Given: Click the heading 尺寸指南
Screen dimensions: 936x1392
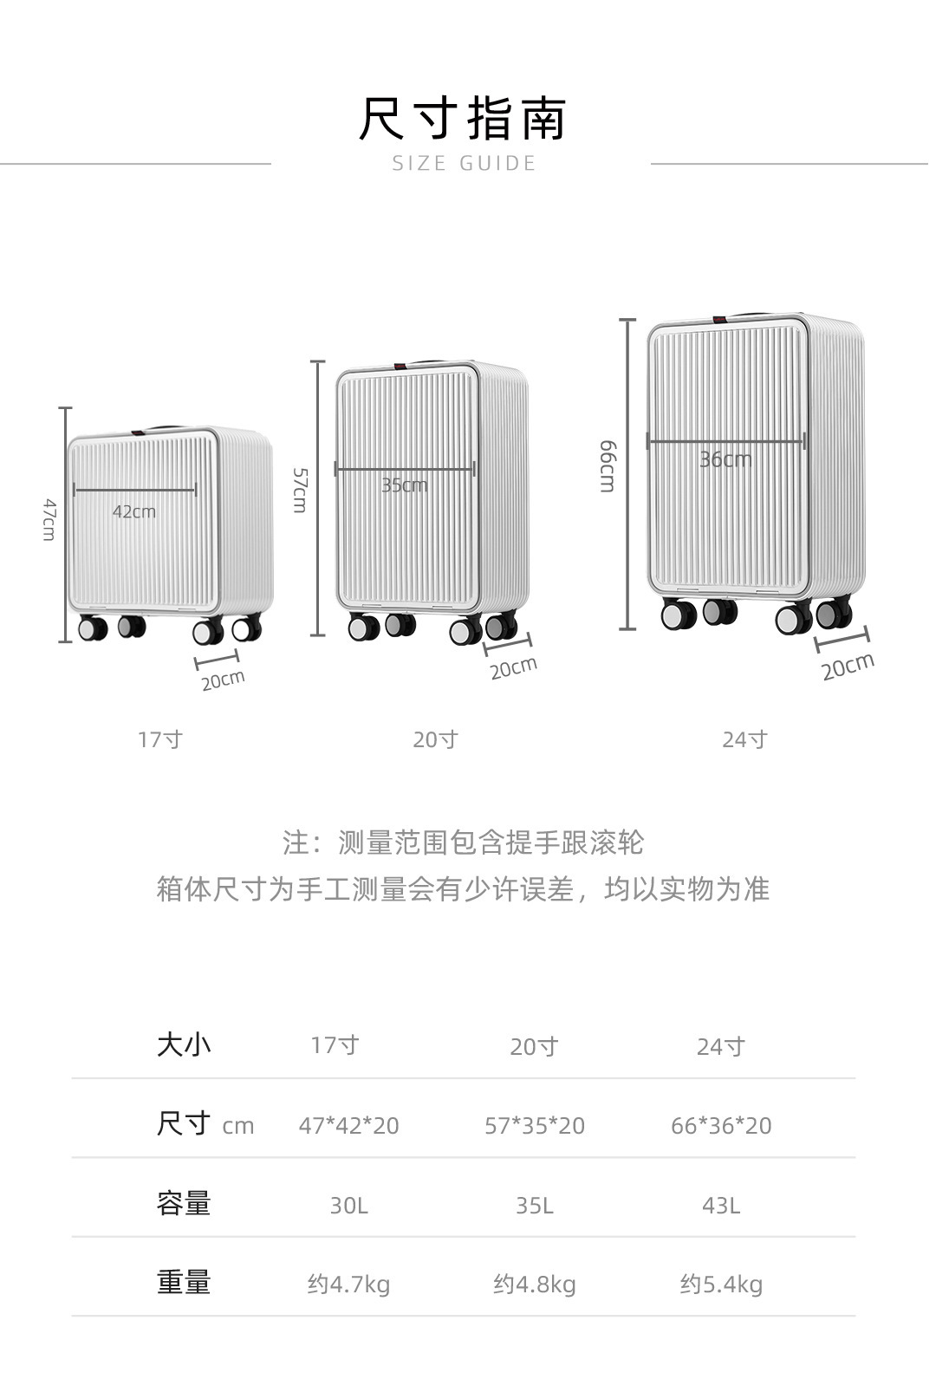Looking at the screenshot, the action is [x=464, y=118].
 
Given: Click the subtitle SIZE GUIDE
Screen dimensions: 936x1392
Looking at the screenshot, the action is [x=464, y=164].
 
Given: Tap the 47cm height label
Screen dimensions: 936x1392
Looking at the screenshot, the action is [x=49, y=519].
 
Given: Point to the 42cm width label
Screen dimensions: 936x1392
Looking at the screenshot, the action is [x=134, y=512].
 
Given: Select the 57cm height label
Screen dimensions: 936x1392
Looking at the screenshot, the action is [x=300, y=491].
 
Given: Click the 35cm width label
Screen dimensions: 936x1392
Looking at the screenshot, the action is [x=405, y=485].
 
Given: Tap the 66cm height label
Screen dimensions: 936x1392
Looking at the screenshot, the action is [x=608, y=466].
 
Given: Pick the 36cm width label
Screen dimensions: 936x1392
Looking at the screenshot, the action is [x=726, y=460].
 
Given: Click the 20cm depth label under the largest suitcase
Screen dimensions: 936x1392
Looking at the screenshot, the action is [x=848, y=667].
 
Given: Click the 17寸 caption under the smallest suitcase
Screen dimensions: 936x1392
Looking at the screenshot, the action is [x=160, y=739].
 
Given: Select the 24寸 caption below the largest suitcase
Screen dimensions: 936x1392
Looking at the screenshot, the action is [x=744, y=739].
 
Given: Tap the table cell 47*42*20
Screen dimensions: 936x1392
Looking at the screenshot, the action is [x=348, y=1126].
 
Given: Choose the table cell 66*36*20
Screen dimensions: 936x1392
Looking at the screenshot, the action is [x=721, y=1126].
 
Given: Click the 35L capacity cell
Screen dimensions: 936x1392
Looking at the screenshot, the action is [x=535, y=1207].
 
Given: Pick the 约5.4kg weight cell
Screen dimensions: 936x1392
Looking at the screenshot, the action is [x=721, y=1285].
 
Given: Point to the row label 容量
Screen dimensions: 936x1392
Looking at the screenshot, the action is [x=184, y=1204].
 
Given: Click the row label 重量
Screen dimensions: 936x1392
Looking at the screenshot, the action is [x=184, y=1283].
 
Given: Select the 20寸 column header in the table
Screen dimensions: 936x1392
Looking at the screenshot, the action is [x=535, y=1047].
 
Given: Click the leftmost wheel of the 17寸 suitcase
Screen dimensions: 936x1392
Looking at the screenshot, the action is [x=93, y=628].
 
